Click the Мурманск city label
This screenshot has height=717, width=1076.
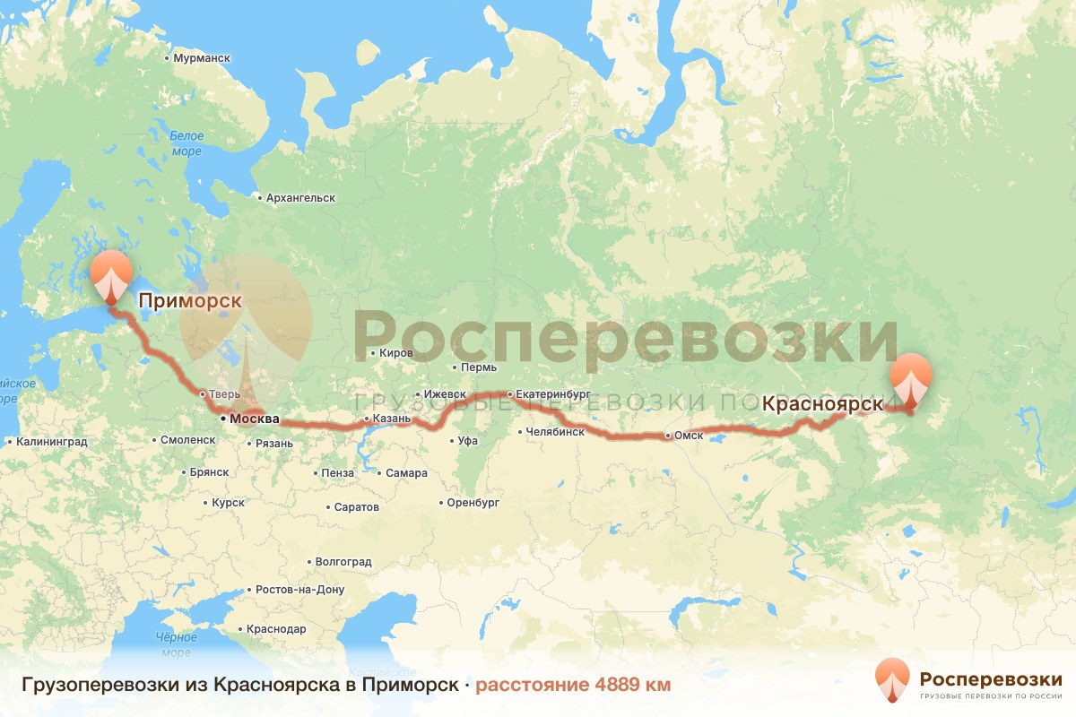click(x=201, y=58)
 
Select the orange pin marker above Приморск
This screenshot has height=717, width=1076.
click(x=111, y=275)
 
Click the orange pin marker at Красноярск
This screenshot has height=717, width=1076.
click(x=911, y=379)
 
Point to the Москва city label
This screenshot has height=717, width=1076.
click(x=254, y=419)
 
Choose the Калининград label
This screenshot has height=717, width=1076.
click(x=51, y=441)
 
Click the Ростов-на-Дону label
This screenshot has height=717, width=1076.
click(x=299, y=590)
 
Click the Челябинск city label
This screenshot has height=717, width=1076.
click(x=556, y=432)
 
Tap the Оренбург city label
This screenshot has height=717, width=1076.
click(x=473, y=503)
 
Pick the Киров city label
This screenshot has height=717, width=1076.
click(x=395, y=353)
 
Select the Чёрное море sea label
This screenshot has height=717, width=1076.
click(x=177, y=644)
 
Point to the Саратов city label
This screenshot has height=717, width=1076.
click(x=356, y=507)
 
